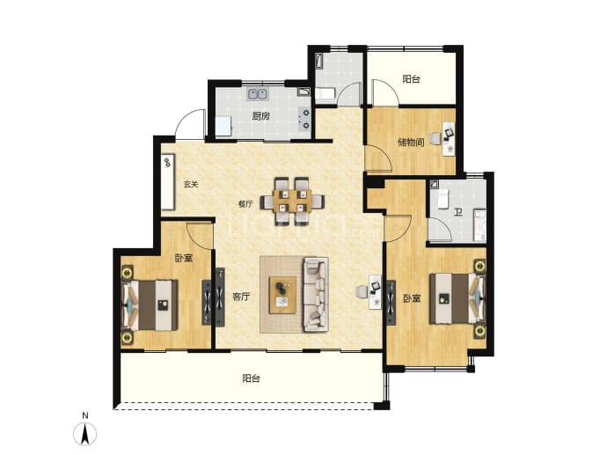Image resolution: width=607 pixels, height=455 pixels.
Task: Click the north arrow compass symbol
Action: coord(85,434)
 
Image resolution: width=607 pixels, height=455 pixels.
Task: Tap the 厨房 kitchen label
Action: coord(260,116)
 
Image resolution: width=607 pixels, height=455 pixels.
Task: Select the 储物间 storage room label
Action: coord(411,142)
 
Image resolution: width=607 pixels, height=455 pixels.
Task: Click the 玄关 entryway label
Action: coord(191,184)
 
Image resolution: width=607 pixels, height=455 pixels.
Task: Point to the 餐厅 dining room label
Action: coord(245,203)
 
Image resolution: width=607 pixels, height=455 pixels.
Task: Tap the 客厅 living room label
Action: coord(241,297)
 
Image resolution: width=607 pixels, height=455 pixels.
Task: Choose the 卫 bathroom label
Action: coord(458,212)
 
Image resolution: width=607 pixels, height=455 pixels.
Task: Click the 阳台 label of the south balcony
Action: coord(252,378)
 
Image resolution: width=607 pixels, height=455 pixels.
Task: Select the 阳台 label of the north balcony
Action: coord(411,79)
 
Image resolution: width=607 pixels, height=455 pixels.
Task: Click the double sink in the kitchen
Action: coord(258,94)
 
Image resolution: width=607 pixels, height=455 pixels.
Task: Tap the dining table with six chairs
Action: coord(292,202)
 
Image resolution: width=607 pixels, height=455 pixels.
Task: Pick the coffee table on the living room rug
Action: coord(282,295)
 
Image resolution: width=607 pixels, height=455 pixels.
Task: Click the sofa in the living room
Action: coord(316,295)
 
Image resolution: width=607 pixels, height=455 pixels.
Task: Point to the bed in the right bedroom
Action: coord(457,298)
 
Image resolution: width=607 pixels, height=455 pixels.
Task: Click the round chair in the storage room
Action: coord(435,138)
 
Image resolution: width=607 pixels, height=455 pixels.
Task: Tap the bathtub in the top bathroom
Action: coord(318,62)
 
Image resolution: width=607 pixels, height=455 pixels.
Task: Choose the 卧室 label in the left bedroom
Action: coord(184,258)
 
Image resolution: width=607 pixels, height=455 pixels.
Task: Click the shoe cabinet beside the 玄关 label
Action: coord(168,181)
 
